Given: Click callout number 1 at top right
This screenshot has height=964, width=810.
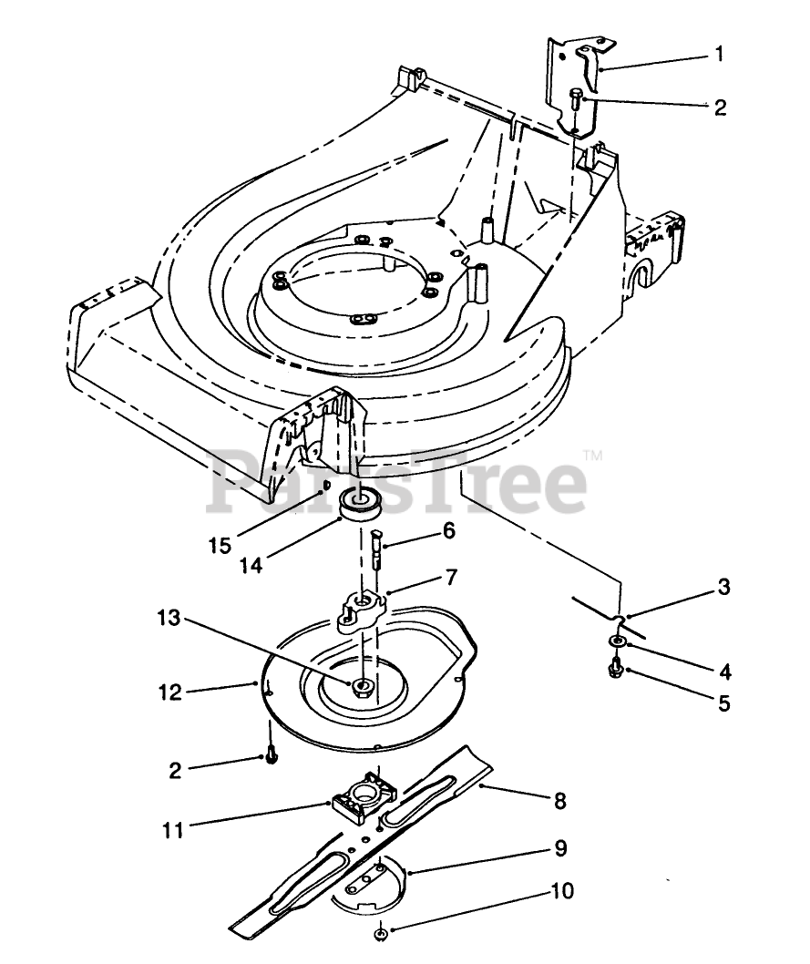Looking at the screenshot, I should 719,55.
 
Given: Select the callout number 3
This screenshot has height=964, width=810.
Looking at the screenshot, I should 723,588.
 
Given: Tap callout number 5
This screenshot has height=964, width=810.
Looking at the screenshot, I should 723,703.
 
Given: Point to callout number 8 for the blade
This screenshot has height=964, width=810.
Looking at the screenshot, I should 559,801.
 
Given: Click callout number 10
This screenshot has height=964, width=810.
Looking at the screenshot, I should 562,890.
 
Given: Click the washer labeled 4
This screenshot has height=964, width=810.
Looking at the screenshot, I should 617,644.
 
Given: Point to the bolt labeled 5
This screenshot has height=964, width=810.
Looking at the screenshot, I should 613,672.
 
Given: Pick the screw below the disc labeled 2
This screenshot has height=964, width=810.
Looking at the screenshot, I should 272,757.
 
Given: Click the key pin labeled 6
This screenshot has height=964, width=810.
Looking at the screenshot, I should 375,550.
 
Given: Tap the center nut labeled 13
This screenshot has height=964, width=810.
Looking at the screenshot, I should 363,685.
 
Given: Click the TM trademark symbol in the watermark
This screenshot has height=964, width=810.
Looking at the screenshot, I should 592,455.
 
